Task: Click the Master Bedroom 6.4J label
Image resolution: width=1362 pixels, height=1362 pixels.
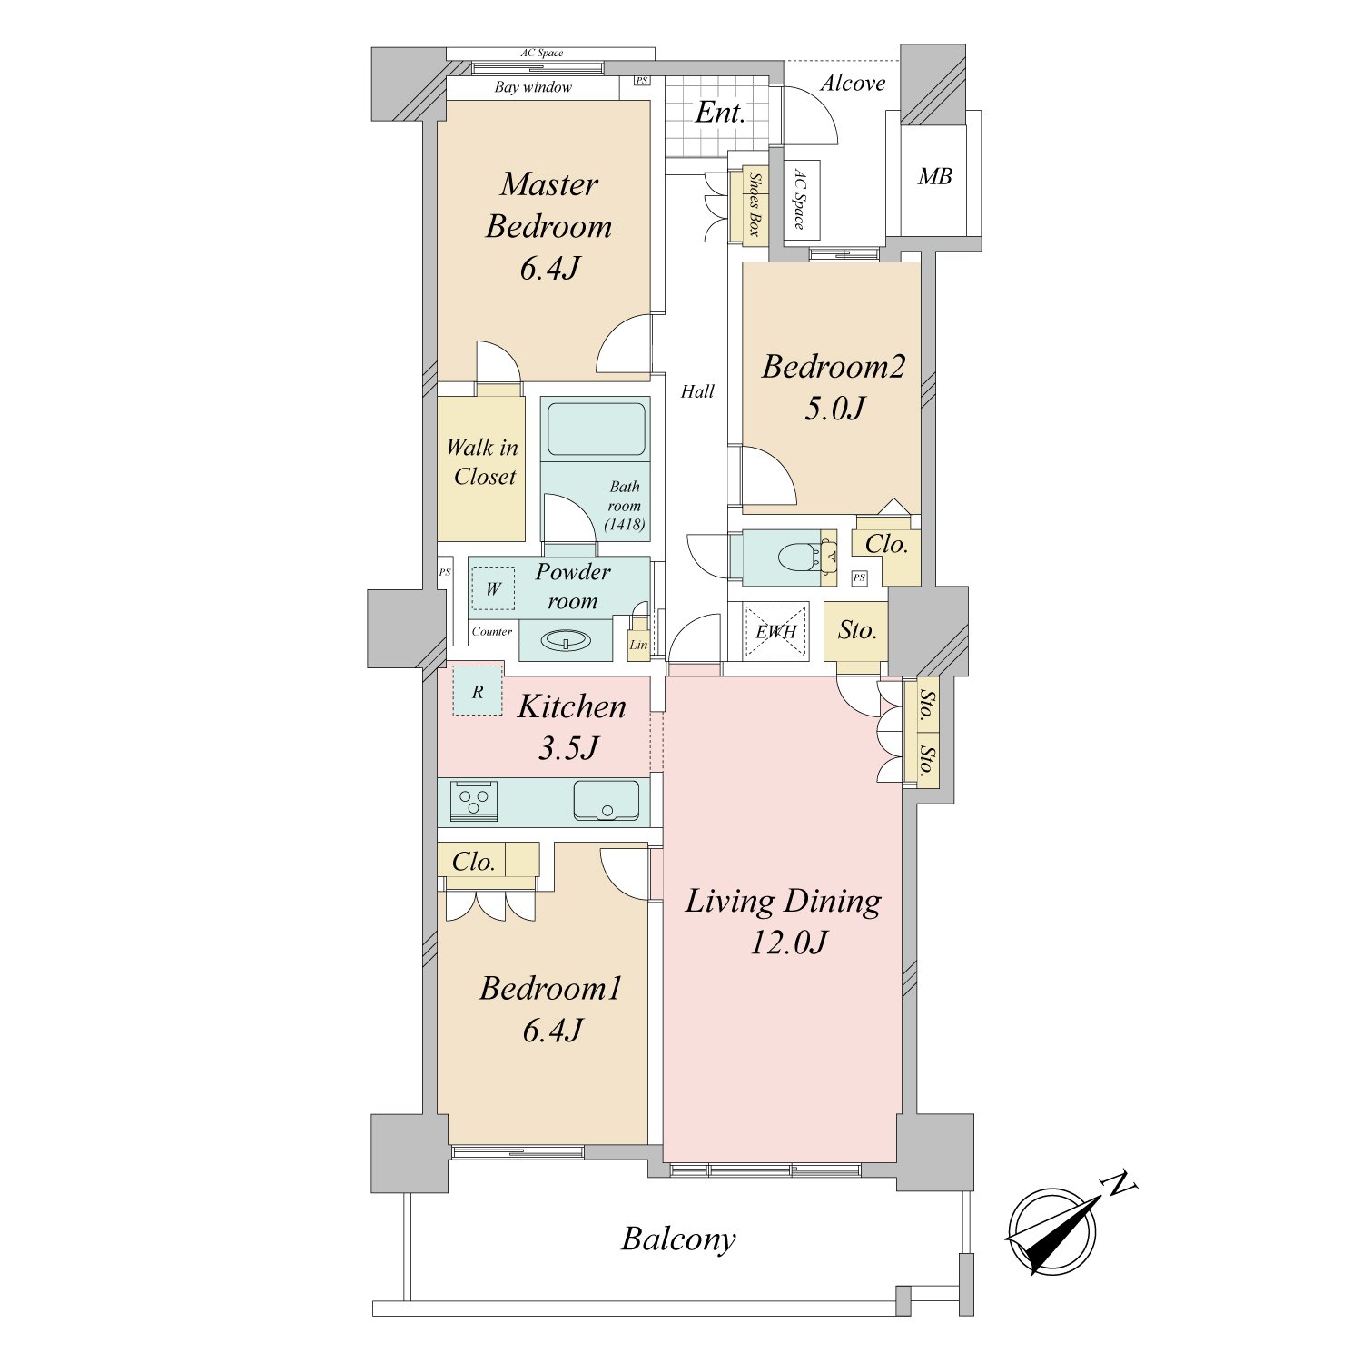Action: [548, 225]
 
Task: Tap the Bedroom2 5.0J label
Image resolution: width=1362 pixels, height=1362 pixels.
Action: [834, 387]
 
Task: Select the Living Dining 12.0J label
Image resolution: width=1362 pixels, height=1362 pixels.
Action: [783, 921]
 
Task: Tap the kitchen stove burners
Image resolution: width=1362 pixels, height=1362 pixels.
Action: [473, 800]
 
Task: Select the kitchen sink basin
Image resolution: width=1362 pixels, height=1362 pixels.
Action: [606, 799]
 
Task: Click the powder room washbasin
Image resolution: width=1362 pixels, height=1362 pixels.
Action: [566, 641]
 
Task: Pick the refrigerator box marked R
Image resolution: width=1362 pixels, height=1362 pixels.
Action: [478, 690]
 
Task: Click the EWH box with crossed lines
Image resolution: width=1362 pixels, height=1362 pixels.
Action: [776, 629]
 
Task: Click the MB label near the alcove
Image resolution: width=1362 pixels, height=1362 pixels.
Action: [934, 176]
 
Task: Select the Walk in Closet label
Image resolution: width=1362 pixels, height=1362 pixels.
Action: [482, 462]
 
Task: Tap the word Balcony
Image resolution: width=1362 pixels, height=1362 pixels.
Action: [678, 1239]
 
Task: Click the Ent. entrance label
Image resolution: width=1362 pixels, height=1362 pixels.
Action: [720, 113]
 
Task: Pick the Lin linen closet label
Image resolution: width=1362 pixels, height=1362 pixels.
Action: [638, 646]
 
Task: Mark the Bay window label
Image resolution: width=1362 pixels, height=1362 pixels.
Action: [533, 87]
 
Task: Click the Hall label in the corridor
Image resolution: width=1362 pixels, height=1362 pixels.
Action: [697, 391]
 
